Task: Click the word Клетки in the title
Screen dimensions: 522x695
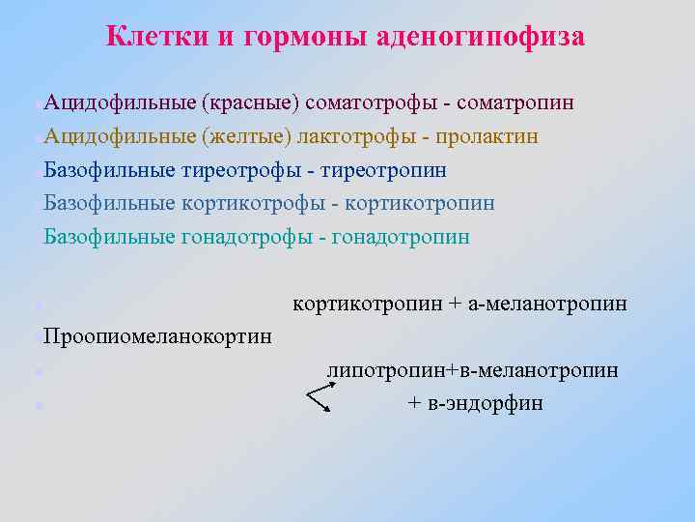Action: tap(153, 37)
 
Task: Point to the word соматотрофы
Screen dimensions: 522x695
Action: tap(375, 102)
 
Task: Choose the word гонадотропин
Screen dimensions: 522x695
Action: tap(400, 237)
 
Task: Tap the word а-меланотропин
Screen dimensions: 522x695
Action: tap(547, 304)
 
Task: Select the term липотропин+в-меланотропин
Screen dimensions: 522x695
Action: tap(473, 370)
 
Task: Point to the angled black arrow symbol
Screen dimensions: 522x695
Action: tap(319, 396)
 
